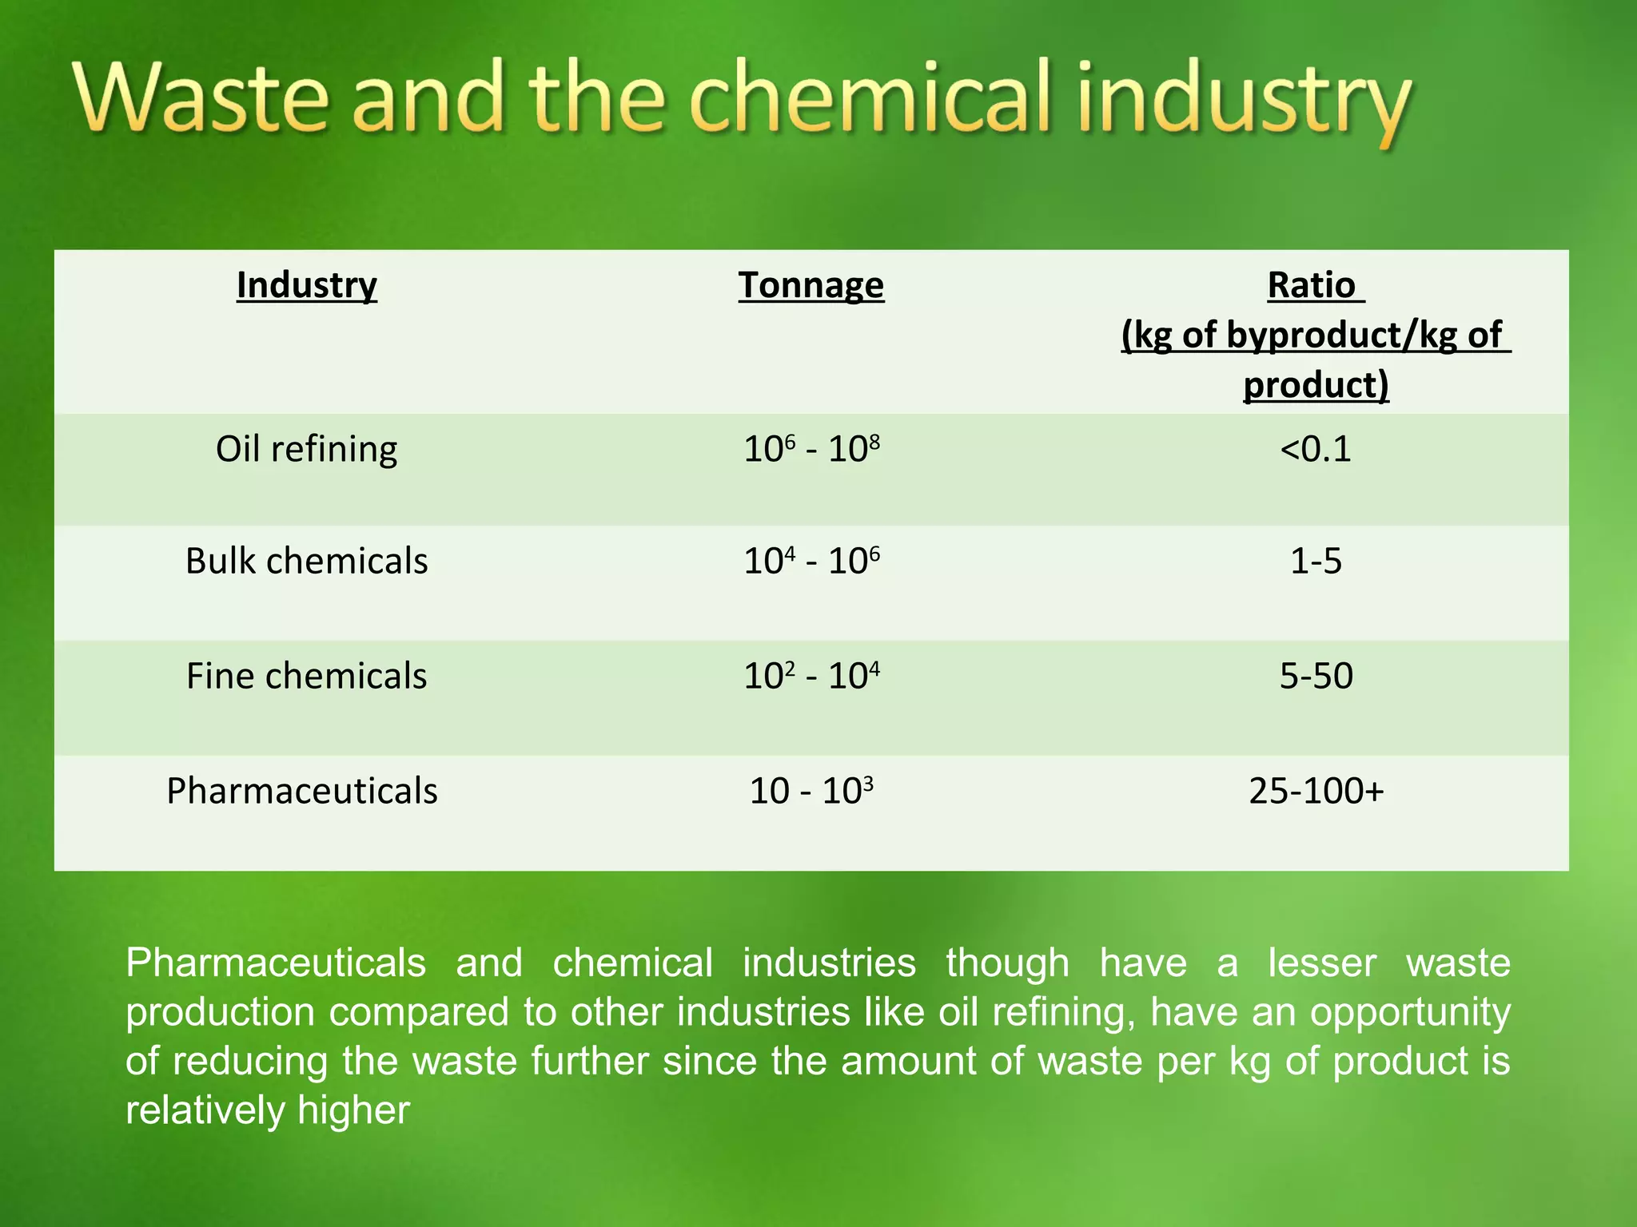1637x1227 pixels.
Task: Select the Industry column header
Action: coord(307,285)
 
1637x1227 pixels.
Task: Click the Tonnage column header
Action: coord(811,285)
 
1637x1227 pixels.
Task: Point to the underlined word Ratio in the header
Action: coord(1312,285)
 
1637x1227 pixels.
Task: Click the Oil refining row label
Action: coord(307,449)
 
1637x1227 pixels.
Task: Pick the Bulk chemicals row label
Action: coord(307,561)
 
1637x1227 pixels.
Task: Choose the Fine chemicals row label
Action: coord(307,676)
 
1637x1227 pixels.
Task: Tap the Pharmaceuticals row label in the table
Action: coord(302,791)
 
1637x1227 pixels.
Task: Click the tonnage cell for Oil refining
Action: coord(811,449)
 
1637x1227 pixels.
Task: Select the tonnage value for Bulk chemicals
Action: coord(811,561)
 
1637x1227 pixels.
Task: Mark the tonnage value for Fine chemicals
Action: coord(811,676)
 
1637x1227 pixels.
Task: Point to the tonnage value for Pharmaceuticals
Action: coord(811,791)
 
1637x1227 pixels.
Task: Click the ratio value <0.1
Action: coord(1316,449)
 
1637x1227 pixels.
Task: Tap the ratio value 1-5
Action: coord(1316,561)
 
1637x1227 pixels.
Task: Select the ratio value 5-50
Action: coord(1316,676)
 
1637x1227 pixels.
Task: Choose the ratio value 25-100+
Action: coord(1316,791)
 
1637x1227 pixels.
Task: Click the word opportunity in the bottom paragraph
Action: coord(1410,1012)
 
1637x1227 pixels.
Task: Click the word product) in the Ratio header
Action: coord(1316,385)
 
